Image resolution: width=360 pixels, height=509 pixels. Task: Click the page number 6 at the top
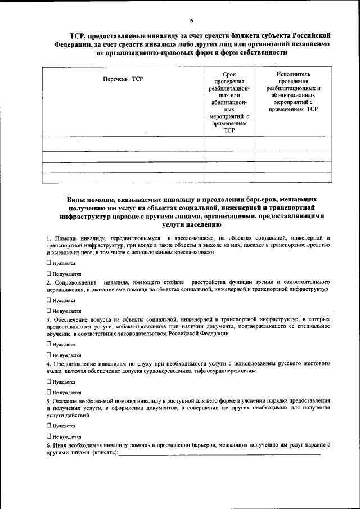pos(191,21)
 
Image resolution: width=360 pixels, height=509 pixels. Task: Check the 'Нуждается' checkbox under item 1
pos(49,263)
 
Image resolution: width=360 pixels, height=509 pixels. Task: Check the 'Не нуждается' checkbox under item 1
pos(49,273)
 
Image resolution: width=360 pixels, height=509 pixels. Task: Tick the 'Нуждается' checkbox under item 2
pos(49,300)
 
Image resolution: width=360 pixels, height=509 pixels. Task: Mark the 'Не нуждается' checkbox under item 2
pos(49,310)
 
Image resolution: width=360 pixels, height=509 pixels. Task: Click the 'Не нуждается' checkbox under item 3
pos(49,355)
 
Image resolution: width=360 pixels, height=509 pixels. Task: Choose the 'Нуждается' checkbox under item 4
pos(49,381)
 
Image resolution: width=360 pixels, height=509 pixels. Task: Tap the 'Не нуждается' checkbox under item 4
pos(49,392)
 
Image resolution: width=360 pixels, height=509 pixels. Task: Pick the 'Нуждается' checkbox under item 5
pos(49,426)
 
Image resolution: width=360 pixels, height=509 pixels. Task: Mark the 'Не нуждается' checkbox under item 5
pos(49,436)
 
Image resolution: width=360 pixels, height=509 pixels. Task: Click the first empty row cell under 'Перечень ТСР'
pos(123,144)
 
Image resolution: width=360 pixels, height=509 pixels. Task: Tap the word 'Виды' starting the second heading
pos(76,200)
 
